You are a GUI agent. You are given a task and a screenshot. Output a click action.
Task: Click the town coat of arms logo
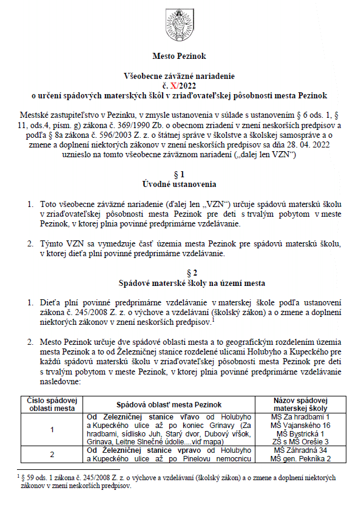click(181, 22)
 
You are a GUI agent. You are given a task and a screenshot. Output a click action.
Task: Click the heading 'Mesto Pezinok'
click(181, 56)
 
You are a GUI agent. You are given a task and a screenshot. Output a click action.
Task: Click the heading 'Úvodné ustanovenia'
click(182, 183)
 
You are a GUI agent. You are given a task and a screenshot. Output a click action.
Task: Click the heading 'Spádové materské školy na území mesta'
click(182, 282)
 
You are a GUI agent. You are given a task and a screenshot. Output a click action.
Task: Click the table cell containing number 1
click(52, 430)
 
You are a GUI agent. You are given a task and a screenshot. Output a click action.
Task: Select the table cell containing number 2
click(52, 454)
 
